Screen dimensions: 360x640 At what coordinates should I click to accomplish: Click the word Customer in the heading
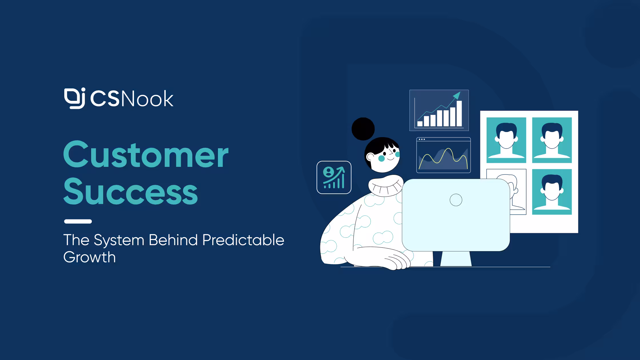tap(146, 154)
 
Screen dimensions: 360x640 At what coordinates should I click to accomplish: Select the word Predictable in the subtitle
tap(243, 240)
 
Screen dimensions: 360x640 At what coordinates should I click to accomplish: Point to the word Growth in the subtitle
tap(89, 257)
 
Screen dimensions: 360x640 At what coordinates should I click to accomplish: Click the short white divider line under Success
tap(78, 221)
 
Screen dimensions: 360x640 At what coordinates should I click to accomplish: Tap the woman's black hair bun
tap(363, 129)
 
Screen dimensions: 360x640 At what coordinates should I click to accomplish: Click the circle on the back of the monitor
tap(456, 200)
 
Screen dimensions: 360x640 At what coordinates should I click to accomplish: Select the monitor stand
tap(456, 259)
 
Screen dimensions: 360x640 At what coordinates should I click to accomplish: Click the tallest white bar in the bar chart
tap(459, 113)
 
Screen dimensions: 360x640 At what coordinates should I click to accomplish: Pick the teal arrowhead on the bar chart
tap(457, 95)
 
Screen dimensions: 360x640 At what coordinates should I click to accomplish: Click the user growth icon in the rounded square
tap(334, 177)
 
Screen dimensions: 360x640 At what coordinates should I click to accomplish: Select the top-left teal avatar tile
tap(506, 140)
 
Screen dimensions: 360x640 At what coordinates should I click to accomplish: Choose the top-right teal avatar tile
tap(552, 140)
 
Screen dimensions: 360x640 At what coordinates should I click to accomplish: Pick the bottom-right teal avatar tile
tap(552, 192)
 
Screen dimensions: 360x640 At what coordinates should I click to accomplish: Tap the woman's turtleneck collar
tap(386, 186)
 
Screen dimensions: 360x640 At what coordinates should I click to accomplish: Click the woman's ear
tap(370, 157)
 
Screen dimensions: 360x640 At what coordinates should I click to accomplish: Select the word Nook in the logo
tap(147, 99)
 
